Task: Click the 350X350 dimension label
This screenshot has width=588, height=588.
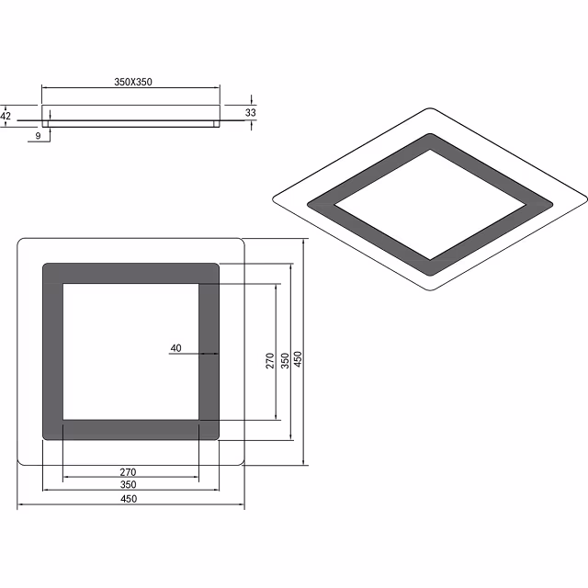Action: click(x=132, y=82)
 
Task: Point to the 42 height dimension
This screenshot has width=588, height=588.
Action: click(x=6, y=117)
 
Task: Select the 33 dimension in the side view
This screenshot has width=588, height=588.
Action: click(x=250, y=112)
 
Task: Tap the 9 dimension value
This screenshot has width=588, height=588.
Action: click(x=37, y=136)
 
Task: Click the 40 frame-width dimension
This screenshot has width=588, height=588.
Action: click(x=176, y=348)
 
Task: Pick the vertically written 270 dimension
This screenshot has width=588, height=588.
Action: click(x=270, y=361)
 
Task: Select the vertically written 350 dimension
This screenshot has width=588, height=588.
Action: click(x=285, y=361)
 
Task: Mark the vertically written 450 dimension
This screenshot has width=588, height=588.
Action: click(x=299, y=361)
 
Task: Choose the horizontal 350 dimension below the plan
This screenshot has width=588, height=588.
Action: click(x=129, y=485)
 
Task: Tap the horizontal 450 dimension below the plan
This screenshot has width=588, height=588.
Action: click(x=129, y=499)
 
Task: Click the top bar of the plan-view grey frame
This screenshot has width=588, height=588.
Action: click(x=130, y=274)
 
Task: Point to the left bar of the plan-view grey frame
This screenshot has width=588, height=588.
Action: click(x=52, y=352)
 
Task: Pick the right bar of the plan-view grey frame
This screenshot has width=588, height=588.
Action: click(x=209, y=352)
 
